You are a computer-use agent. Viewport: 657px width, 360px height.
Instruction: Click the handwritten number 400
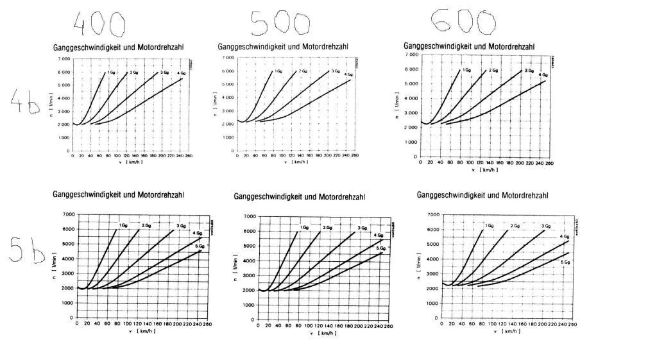coord(98,24)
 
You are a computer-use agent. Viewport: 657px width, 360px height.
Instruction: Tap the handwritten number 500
coord(280,23)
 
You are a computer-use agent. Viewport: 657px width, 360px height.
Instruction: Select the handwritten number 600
coord(463,21)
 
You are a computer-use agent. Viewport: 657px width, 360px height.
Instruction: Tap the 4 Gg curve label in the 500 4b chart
coord(348,74)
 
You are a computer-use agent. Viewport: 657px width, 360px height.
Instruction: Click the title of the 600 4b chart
coord(469,46)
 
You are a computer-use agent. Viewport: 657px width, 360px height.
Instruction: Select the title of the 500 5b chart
coord(300,196)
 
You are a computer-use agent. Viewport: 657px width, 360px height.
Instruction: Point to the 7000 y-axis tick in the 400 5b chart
coord(68,214)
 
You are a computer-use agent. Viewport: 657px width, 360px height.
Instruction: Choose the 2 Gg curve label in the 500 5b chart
coord(327,228)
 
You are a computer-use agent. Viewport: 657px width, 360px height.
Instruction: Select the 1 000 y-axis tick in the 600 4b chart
coord(411,142)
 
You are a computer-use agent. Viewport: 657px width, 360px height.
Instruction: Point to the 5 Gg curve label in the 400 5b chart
coord(200,246)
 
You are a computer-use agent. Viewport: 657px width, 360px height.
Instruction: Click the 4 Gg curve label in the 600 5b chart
coord(565,237)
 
